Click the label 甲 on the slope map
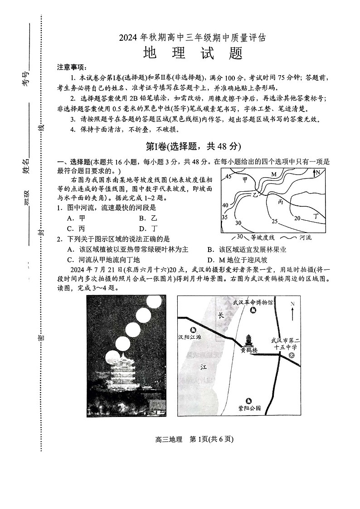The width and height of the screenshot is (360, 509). [x=245, y=179]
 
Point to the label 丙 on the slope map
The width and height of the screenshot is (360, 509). [x=280, y=201]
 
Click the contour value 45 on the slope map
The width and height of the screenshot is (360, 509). [x=229, y=177]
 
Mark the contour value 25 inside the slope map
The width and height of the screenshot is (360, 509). [x=274, y=221]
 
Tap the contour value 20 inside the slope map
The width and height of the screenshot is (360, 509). [x=297, y=218]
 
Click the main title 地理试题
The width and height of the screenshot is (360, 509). [x=193, y=53]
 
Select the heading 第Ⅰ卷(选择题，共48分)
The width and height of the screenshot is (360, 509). [x=193, y=146]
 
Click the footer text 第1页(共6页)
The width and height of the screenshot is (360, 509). [x=211, y=439]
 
